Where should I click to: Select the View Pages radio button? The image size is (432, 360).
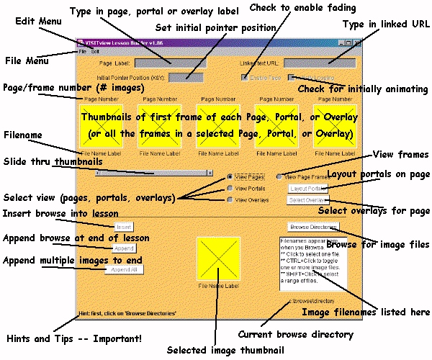(230, 176)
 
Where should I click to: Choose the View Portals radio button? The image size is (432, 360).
(230, 188)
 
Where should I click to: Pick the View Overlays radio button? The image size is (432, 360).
(230, 199)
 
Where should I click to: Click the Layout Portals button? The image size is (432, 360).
(307, 188)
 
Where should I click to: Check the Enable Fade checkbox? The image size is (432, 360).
(245, 77)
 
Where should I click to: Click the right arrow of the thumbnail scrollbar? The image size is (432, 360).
(210, 173)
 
